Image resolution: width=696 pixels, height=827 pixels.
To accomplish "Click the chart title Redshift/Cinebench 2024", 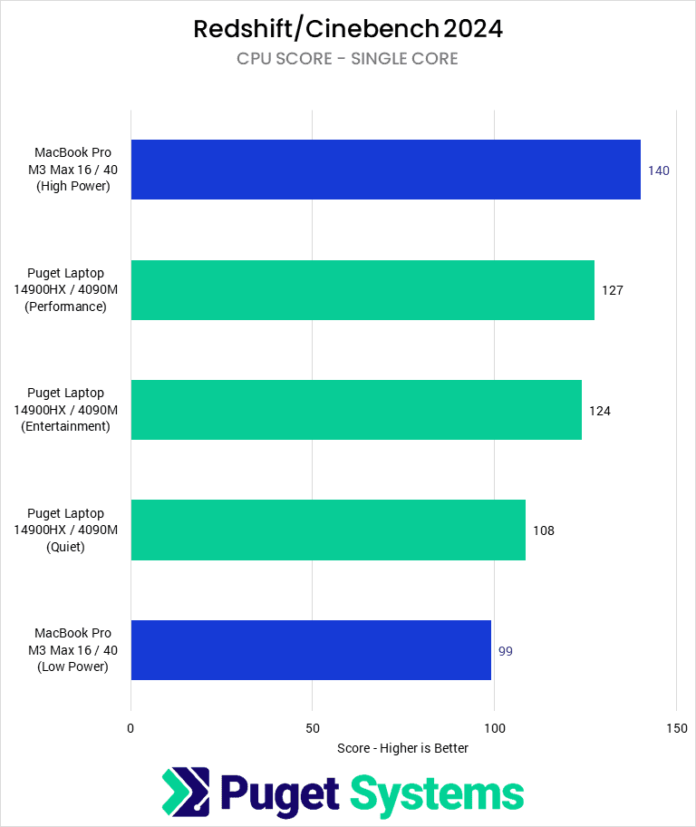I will [x=348, y=29].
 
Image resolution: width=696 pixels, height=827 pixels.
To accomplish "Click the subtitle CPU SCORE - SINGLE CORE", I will [x=348, y=59].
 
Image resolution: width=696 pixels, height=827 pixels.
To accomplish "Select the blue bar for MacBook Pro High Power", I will [x=385, y=170].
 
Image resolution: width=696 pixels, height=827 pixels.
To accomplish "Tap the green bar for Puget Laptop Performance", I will [x=362, y=290].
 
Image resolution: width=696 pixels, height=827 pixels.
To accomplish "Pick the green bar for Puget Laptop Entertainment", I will [x=356, y=410].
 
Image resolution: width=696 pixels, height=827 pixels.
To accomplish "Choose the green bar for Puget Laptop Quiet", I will [x=328, y=530].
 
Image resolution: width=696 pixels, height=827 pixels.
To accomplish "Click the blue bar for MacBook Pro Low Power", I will [x=311, y=650].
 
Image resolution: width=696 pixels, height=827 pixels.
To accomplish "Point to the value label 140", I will [x=658, y=170].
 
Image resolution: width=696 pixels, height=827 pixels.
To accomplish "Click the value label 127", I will [x=613, y=290].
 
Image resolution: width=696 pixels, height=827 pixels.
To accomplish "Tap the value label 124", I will [x=600, y=411].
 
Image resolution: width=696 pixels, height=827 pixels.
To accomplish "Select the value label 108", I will [x=543, y=530].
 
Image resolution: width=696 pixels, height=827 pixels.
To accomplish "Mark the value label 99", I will [x=506, y=651].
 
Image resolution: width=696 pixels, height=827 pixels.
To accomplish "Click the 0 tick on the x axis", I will [x=131, y=728].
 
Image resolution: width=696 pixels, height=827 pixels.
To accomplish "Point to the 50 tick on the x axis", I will [x=313, y=728].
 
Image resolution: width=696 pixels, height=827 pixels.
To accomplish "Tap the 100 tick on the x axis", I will [x=495, y=728].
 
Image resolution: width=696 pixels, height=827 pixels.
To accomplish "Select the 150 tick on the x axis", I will [x=676, y=728].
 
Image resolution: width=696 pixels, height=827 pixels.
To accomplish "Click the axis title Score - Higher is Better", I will [x=402, y=748].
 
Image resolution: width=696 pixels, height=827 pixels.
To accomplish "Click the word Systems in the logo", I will [x=437, y=793].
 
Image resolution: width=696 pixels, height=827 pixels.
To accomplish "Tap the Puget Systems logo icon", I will [x=186, y=792].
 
